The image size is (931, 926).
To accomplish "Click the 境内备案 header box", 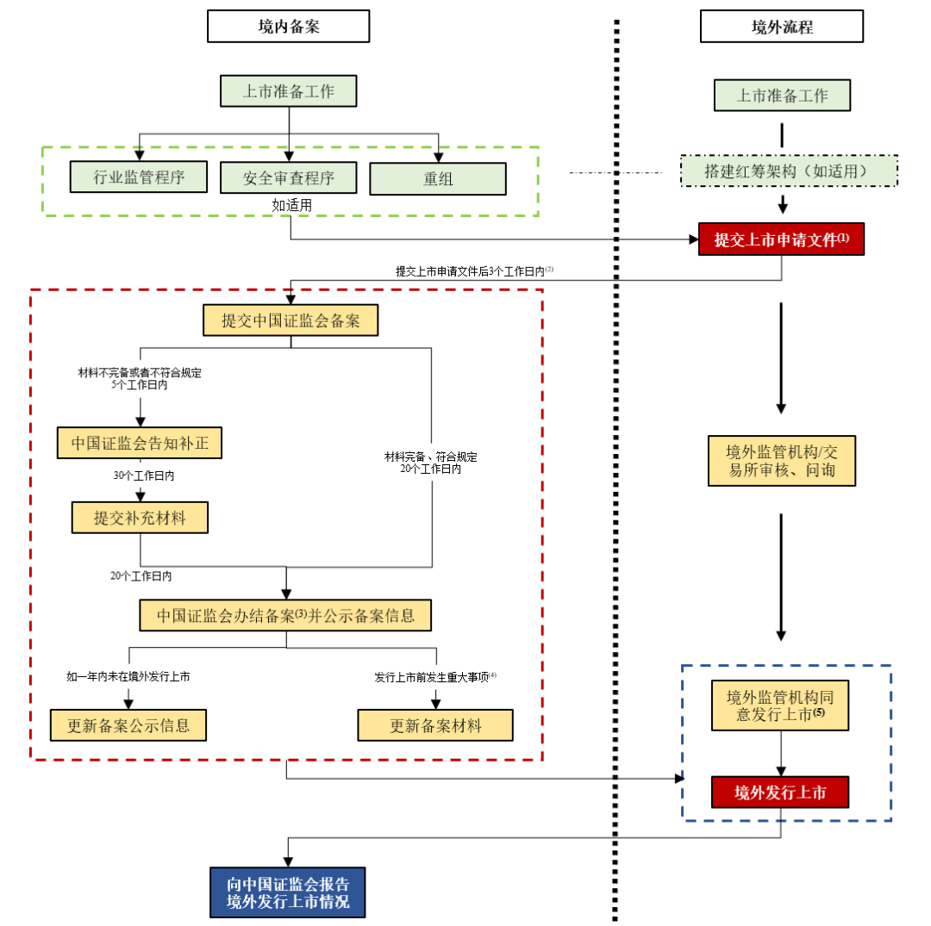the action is [289, 26].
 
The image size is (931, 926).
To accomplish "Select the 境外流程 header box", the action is [781, 26].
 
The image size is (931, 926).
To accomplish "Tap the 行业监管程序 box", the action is [139, 177].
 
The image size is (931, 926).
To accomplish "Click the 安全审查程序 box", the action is [289, 177].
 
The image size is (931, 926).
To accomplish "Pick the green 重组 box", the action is [438, 178].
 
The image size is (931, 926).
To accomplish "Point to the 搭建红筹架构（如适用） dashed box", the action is [789, 171].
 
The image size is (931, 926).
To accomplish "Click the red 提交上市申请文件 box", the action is [781, 239].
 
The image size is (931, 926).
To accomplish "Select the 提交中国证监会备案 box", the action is [291, 320].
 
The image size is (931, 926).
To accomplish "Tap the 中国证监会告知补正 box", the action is [140, 443].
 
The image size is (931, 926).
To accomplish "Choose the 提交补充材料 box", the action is [141, 518].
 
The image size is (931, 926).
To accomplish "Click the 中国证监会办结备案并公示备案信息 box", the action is [285, 615].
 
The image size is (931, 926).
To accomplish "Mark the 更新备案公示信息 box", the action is [128, 725].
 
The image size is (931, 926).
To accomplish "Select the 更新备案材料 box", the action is [435, 725].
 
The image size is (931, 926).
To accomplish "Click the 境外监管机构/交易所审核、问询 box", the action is [782, 461].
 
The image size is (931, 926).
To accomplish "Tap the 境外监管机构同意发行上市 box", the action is [780, 705].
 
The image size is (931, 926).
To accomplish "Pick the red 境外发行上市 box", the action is [780, 792].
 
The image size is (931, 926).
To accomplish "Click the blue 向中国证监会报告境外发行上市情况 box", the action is [287, 892].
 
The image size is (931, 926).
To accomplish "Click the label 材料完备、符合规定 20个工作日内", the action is [430, 463].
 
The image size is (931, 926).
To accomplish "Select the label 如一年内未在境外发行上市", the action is [128, 676].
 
